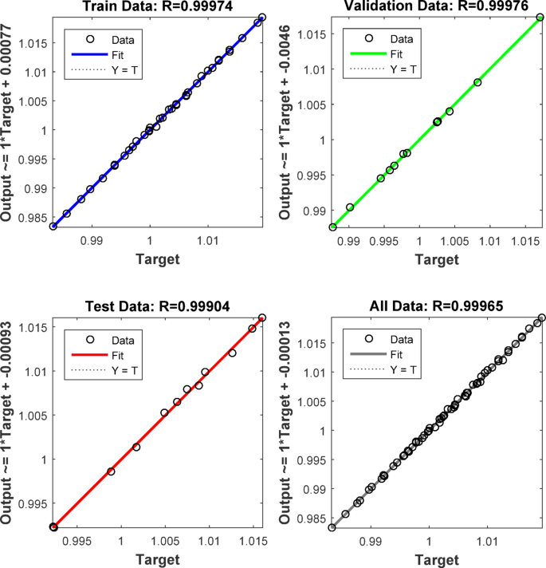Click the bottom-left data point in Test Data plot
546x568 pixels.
(x=53, y=527)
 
